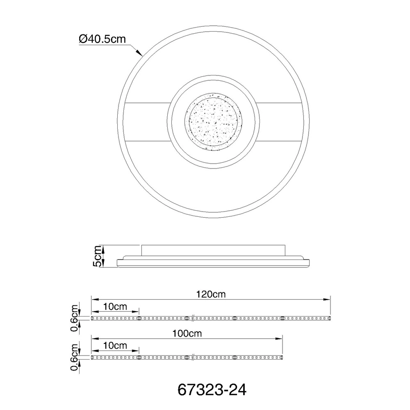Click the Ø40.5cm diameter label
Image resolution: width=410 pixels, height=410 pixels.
pos(102,39)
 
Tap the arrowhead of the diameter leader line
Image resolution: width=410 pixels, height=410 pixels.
pos(140,53)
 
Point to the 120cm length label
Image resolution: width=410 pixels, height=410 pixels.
pos(211,294)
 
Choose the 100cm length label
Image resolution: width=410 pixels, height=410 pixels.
pos(187,333)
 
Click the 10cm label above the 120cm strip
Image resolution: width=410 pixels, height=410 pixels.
pos(115,306)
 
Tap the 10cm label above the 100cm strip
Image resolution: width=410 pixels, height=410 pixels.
pos(115,346)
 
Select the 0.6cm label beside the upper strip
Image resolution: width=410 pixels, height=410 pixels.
pos(75,318)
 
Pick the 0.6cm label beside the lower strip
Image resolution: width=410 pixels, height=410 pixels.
pos(75,357)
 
